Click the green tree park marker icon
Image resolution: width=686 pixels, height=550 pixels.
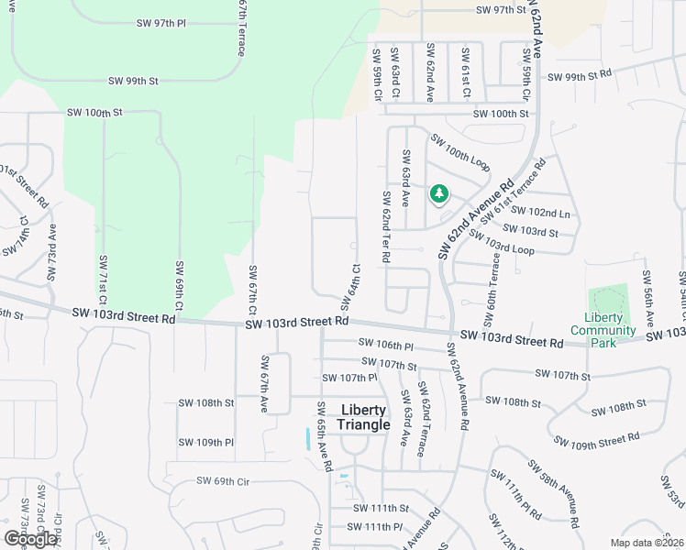[438, 194]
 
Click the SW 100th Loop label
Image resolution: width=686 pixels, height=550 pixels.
[459, 153]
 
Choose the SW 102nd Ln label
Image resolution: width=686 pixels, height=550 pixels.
[549, 213]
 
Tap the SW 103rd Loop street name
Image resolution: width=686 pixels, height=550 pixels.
[501, 242]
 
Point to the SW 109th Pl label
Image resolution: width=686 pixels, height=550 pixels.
[206, 443]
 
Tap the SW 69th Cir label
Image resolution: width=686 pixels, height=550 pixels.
[223, 480]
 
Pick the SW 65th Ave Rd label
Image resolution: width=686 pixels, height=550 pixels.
[323, 436]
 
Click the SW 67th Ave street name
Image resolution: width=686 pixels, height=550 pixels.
[264, 382]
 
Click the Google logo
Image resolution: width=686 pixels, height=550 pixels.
[30, 539]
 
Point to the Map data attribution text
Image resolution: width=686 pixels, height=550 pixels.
[646, 543]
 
